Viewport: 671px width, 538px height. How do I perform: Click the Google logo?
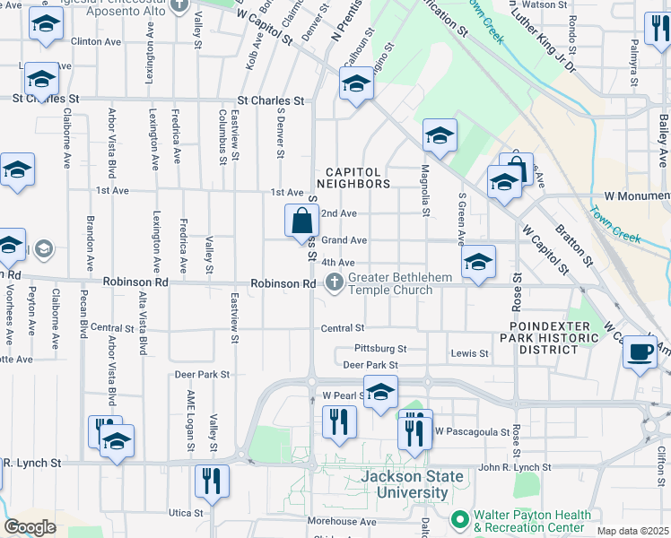pyautogui.click(x=30, y=527)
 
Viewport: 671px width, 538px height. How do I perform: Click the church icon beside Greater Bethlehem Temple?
pyautogui.click(x=335, y=283)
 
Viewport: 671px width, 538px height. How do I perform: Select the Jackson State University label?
pyautogui.click(x=404, y=484)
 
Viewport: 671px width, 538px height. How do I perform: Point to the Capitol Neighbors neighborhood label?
pyautogui.click(x=357, y=177)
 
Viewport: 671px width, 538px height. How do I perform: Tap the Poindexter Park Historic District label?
pyautogui.click(x=553, y=338)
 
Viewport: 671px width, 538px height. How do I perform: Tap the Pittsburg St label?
pyautogui.click(x=380, y=348)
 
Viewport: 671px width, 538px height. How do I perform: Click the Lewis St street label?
pyautogui.click(x=469, y=354)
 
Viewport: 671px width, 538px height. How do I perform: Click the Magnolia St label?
pyautogui.click(x=424, y=190)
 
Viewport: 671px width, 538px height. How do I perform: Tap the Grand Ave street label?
pyautogui.click(x=344, y=240)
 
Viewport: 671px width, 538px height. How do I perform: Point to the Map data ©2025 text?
pyautogui.click(x=632, y=531)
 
